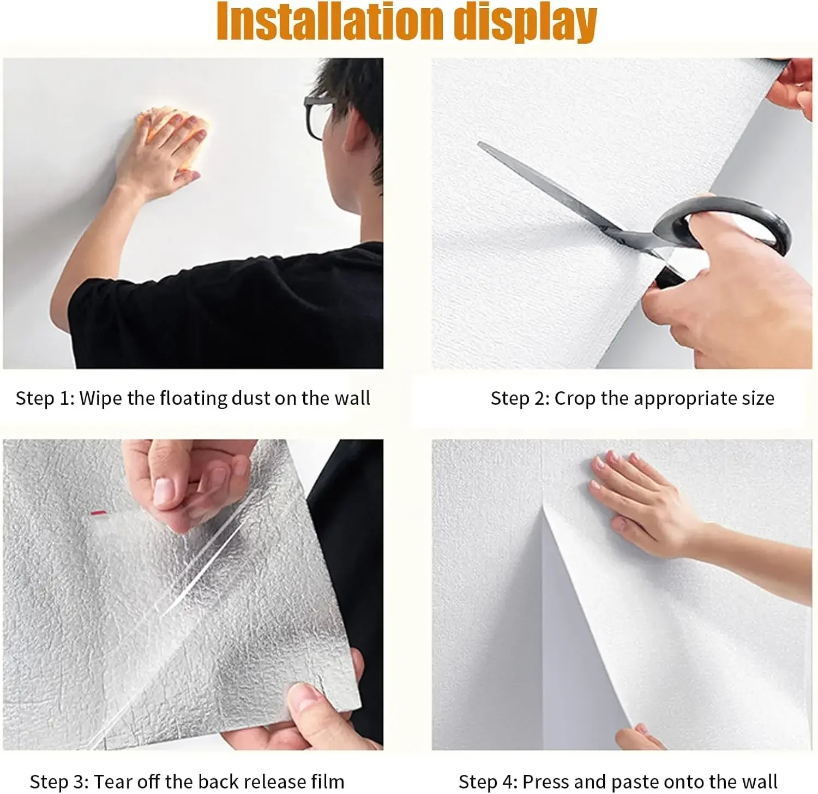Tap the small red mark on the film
point(98,513)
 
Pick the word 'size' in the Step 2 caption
point(757,398)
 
